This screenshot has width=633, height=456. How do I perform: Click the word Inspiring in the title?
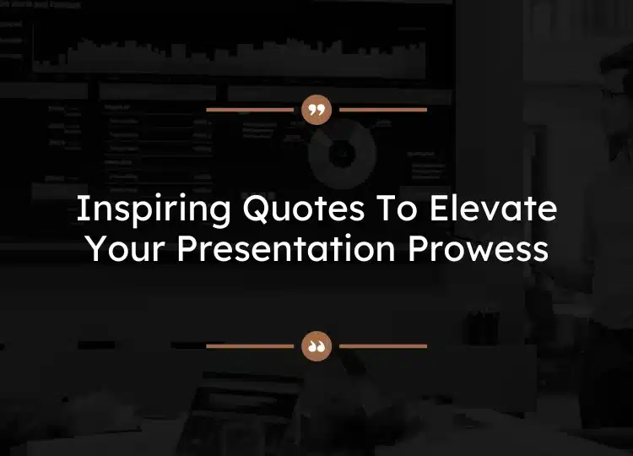click(x=142, y=209)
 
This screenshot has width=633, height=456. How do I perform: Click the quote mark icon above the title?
click(x=316, y=110)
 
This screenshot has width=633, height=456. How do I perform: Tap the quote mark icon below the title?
click(x=316, y=345)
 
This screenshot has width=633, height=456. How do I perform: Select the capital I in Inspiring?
click(x=81, y=209)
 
